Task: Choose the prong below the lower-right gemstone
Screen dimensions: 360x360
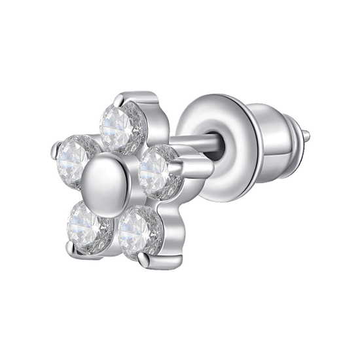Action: tap(147, 260)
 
